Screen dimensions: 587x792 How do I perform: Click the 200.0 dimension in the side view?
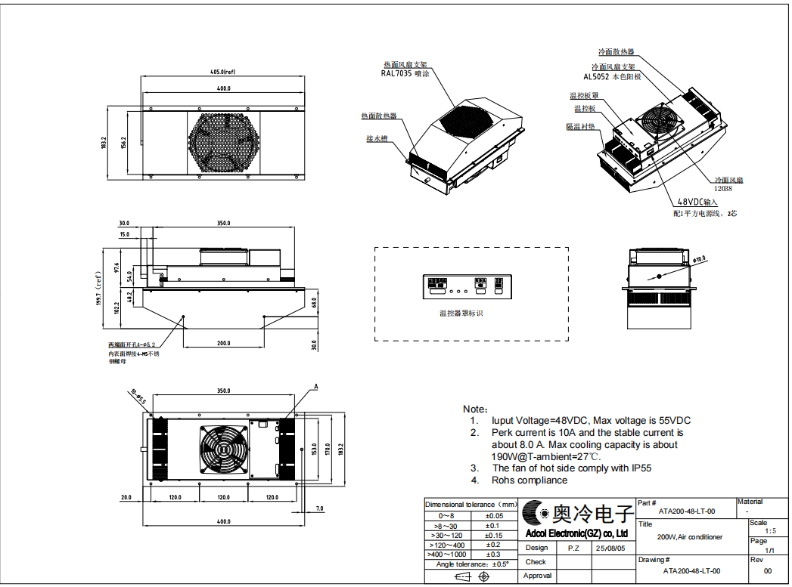224,343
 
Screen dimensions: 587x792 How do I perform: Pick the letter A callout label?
315,387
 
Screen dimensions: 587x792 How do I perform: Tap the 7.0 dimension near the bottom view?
319,508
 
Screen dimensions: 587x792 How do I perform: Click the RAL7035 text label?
405,74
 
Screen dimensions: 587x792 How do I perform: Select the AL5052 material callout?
612,77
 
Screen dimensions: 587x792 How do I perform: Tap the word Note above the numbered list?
475,408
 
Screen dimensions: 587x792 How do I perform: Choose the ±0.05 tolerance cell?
493,515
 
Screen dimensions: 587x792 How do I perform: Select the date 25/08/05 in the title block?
610,548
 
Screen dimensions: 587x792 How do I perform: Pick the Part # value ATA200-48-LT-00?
687,511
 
